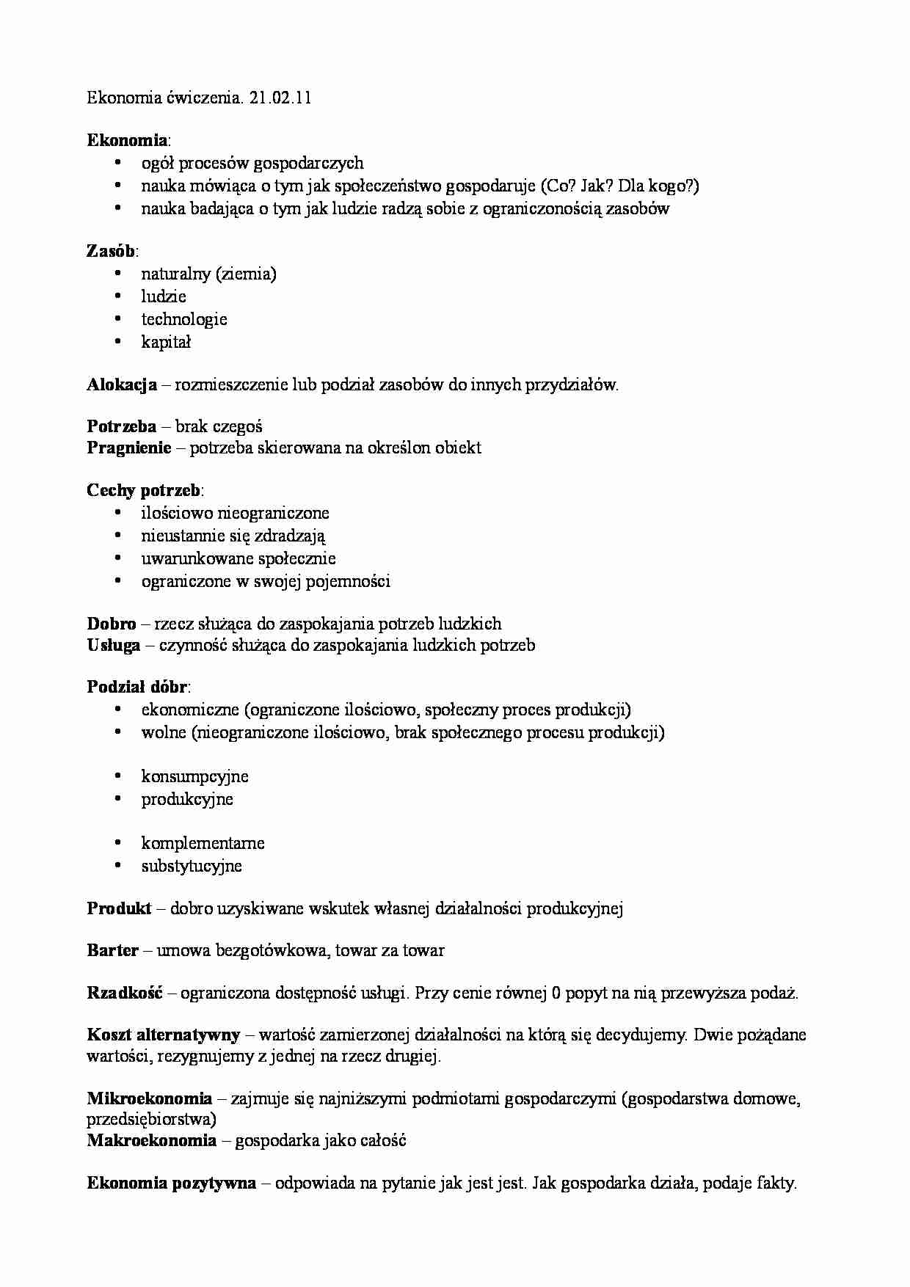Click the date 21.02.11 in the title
pyautogui.click(x=280, y=98)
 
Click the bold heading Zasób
pyautogui.click(x=110, y=251)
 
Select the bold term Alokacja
pyautogui.click(x=122, y=384)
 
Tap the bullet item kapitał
pyautogui.click(x=166, y=342)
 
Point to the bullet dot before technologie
pyautogui.click(x=118, y=319)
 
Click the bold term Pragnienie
pyautogui.click(x=128, y=448)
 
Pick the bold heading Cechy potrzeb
pyautogui.click(x=144, y=490)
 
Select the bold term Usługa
pyautogui.click(x=114, y=646)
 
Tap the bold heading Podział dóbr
pyautogui.click(x=136, y=688)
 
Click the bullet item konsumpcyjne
pyautogui.click(x=194, y=776)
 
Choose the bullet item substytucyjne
pyautogui.click(x=192, y=866)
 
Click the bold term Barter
pyautogui.click(x=112, y=951)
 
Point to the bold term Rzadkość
pyautogui.click(x=124, y=993)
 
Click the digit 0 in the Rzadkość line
pyautogui.click(x=556, y=993)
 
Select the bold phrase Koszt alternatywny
pyautogui.click(x=163, y=1035)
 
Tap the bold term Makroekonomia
pyautogui.click(x=151, y=1140)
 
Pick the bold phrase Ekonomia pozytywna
pyautogui.click(x=171, y=1183)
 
